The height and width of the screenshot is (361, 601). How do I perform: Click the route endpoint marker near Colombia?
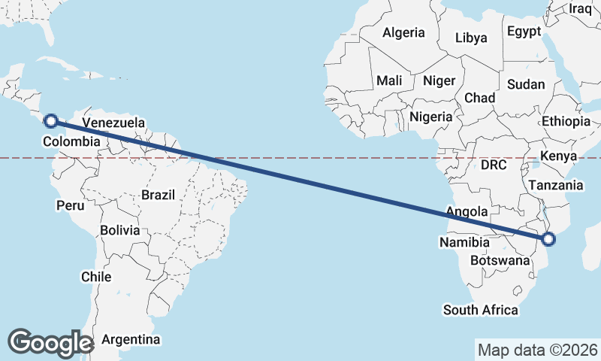(x=51, y=120)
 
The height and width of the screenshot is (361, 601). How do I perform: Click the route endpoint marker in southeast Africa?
(x=548, y=239)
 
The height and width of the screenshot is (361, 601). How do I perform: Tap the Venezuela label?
(x=113, y=123)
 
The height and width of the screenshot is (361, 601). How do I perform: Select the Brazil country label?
(x=158, y=195)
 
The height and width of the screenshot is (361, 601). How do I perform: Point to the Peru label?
(x=70, y=205)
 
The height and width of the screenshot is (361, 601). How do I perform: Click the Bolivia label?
(x=119, y=229)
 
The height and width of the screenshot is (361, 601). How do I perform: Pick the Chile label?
(x=96, y=276)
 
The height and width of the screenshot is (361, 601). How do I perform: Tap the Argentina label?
(x=131, y=339)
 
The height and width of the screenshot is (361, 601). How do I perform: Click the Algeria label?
(x=403, y=32)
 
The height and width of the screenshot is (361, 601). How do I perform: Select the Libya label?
(x=471, y=38)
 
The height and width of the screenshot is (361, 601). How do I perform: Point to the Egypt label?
(x=524, y=32)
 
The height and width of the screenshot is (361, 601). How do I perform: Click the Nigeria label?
(x=431, y=117)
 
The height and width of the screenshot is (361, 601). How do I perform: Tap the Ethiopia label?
(x=566, y=121)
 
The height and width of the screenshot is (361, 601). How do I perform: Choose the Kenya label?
(x=559, y=156)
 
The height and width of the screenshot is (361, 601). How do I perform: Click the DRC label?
(x=494, y=165)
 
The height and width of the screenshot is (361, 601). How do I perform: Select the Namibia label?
(x=465, y=242)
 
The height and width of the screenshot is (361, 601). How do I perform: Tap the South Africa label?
(x=481, y=309)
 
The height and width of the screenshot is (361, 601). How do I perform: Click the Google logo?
(x=50, y=342)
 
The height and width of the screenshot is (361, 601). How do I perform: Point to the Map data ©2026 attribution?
(x=538, y=350)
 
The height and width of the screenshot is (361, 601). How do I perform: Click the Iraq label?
(x=581, y=8)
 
